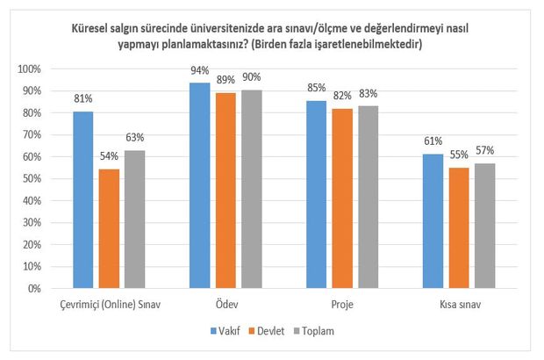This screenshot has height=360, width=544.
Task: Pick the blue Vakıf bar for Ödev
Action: (199, 185)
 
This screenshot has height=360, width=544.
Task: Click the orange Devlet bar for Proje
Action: (341, 198)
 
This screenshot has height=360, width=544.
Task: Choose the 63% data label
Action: (134, 139)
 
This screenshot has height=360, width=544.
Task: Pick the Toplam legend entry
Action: (321, 332)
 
